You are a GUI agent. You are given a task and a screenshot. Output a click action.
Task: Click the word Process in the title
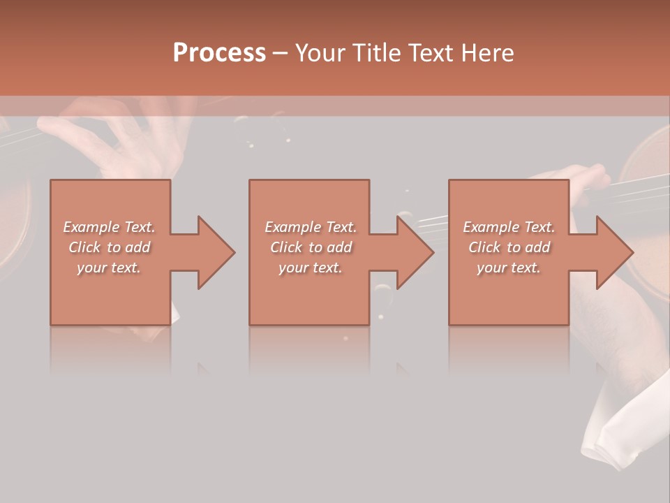pos(219,53)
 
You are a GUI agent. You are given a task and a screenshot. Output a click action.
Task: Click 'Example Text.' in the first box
pos(109,227)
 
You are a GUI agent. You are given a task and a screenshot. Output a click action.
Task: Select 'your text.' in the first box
pos(109,268)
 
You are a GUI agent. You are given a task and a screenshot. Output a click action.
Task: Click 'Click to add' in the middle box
pos(311,247)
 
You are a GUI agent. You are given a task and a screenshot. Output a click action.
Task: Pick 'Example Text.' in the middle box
pos(311,227)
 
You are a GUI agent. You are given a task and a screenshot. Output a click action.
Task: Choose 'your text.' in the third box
pos(509,268)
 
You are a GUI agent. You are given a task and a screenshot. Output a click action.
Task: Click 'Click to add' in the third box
pos(509,247)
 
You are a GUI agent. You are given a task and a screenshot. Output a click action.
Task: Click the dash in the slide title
pos(281,53)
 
